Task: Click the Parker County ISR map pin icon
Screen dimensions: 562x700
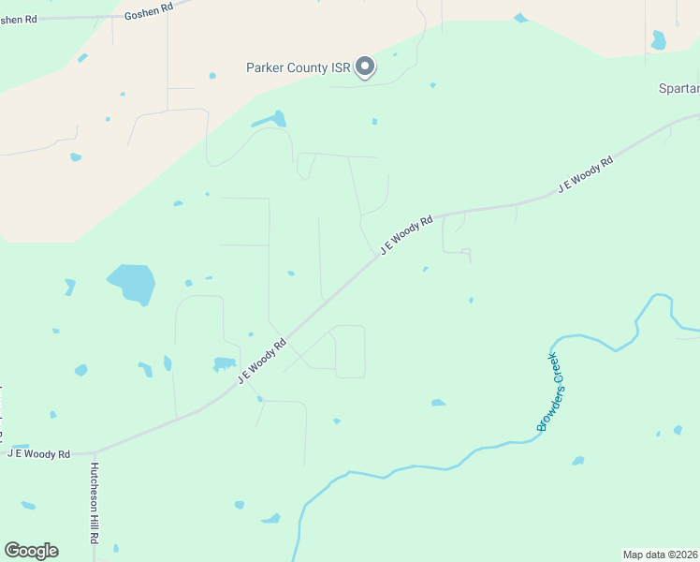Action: tap(366, 67)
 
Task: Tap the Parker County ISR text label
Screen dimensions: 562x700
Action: tap(299, 68)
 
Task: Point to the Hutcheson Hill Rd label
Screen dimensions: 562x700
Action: tap(95, 504)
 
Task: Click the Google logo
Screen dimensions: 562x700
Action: tap(31, 551)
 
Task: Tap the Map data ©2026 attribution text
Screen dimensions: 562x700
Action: tap(660, 554)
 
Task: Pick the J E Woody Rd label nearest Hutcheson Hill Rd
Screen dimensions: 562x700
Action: tap(39, 454)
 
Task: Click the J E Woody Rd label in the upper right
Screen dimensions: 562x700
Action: tap(585, 174)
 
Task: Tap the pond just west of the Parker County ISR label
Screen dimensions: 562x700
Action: tap(212, 75)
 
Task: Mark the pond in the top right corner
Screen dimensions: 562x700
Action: tap(659, 40)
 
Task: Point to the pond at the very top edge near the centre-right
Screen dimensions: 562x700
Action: tap(521, 17)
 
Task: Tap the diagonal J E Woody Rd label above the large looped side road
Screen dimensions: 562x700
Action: tap(261, 361)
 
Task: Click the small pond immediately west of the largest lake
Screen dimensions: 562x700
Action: tap(69, 286)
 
